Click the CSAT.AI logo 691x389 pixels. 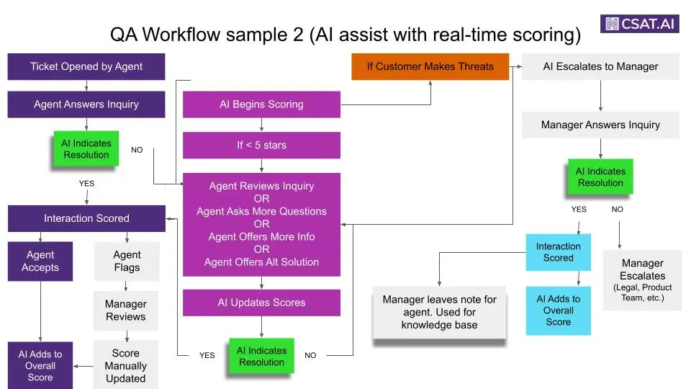click(641, 23)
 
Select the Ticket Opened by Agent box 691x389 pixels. click(86, 66)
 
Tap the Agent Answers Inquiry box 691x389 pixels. click(86, 104)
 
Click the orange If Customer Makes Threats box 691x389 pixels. click(430, 66)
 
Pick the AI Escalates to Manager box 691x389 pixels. click(600, 66)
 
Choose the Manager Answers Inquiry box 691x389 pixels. click(600, 125)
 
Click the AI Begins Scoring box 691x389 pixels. click(261, 104)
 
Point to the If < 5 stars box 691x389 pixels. click(261, 145)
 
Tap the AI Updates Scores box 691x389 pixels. click(261, 303)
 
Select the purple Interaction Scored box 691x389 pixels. click(86, 218)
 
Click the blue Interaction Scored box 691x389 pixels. click(558, 252)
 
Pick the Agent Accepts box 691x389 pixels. click(40, 261)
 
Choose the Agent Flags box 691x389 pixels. click(127, 261)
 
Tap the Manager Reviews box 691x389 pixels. click(126, 310)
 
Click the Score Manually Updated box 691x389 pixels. click(126, 365)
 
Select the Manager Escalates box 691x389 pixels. click(642, 280)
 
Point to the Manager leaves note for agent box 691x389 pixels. click(439, 312)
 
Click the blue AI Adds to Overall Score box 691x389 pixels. click(558, 310)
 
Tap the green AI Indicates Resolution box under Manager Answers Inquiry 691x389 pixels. click(600, 177)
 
